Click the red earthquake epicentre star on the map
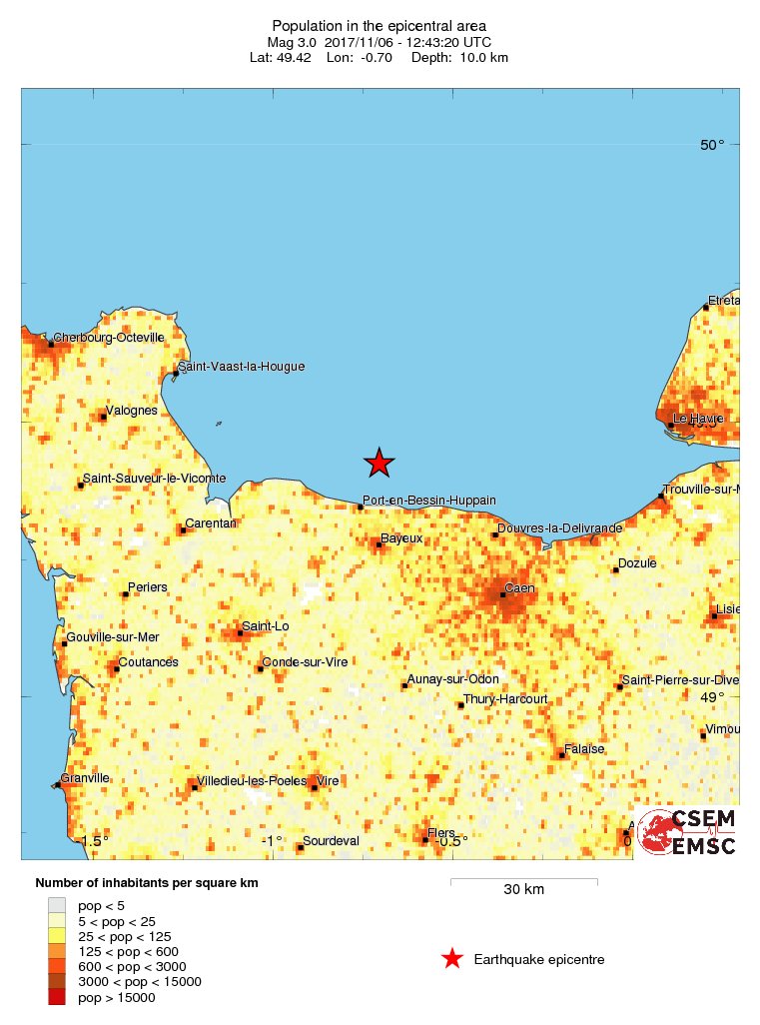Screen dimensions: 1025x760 pyautogui.click(x=380, y=462)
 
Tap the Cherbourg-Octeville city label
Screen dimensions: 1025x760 pyautogui.click(x=109, y=338)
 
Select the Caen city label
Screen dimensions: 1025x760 pyautogui.click(x=519, y=588)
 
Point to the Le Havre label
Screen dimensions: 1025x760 pyautogui.click(x=697, y=419)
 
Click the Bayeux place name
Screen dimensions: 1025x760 pyautogui.click(x=402, y=538)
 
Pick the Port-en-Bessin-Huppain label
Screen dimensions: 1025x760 pyautogui.click(x=429, y=501)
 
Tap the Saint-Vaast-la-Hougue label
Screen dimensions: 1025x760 pyautogui.click(x=241, y=367)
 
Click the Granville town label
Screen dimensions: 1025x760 pyautogui.click(x=85, y=778)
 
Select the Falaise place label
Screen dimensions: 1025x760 pyautogui.click(x=584, y=748)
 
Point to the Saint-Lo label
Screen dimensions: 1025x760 pyautogui.click(x=267, y=626)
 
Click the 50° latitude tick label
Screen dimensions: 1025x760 pyautogui.click(x=712, y=145)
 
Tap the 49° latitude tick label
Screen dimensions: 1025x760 pyautogui.click(x=712, y=697)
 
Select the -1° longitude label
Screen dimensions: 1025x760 pyautogui.click(x=272, y=841)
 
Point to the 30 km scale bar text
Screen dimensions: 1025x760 pyautogui.click(x=523, y=889)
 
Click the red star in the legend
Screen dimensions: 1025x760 pyautogui.click(x=452, y=960)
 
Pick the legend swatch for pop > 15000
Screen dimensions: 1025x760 pyautogui.click(x=56, y=997)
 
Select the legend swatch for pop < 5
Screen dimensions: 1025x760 pyautogui.click(x=56, y=905)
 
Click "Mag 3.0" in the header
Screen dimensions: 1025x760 pyautogui.click(x=291, y=42)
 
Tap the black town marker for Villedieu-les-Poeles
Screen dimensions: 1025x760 pyautogui.click(x=194, y=787)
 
